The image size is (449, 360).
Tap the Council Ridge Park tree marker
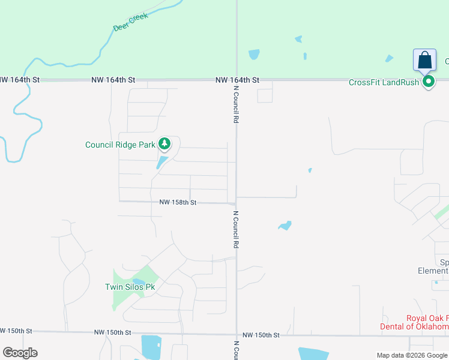click(164, 144)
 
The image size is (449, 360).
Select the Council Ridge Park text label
click(120, 145)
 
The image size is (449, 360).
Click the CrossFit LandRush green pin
click(429, 82)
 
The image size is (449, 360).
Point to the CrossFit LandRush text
click(384, 82)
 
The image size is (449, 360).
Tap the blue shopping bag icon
click(424, 61)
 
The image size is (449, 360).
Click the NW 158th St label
click(178, 203)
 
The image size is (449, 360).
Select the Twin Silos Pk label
click(130, 287)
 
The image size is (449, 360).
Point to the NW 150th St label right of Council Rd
click(261, 335)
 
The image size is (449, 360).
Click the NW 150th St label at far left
click(16, 331)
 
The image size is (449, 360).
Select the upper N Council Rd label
click(237, 104)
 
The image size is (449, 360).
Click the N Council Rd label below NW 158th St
click(237, 229)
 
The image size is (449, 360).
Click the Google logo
click(20, 353)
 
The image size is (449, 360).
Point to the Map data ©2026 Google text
click(412, 356)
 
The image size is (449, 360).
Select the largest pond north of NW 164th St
click(254, 54)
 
